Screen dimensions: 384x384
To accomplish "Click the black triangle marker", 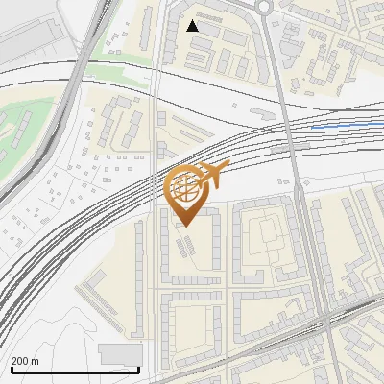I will tap(193, 26).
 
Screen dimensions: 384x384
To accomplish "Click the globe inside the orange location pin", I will tap(185, 188).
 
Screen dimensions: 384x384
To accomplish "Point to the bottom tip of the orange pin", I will tap(186, 226).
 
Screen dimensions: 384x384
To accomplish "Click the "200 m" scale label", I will tap(25, 361).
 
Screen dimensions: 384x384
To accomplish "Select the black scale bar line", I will tap(75, 371).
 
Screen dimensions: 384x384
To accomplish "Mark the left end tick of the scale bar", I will tap(11, 368).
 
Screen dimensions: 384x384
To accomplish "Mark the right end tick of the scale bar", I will tap(139, 368).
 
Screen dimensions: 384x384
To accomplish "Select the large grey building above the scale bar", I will tap(120, 354).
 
